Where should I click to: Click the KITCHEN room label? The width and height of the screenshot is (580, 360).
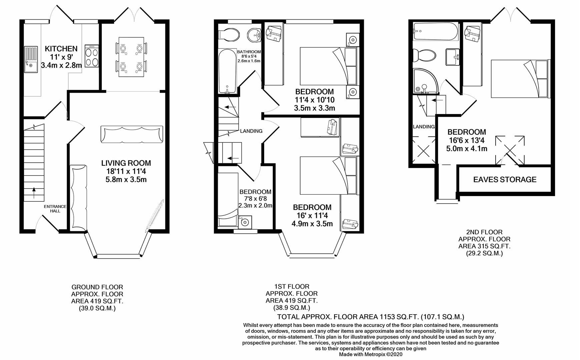(61, 49)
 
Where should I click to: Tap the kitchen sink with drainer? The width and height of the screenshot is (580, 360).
(32, 60)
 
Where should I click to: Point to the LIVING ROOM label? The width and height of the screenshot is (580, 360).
(126, 163)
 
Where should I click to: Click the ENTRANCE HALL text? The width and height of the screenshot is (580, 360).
(55, 209)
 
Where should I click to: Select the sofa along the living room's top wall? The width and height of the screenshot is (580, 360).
(132, 134)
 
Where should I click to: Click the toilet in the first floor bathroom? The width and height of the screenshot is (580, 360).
(229, 34)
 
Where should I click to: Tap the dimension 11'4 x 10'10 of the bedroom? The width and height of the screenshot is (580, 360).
(314, 100)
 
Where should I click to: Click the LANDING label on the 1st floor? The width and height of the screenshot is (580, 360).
(251, 131)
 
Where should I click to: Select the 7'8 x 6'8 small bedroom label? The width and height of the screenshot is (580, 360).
(255, 199)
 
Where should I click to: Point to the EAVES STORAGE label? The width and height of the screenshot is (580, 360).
(505, 180)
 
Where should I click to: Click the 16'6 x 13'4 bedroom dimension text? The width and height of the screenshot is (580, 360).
(466, 141)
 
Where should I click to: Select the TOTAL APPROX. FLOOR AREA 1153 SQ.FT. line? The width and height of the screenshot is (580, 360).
(371, 317)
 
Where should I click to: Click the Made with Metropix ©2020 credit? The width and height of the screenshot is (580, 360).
(371, 354)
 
